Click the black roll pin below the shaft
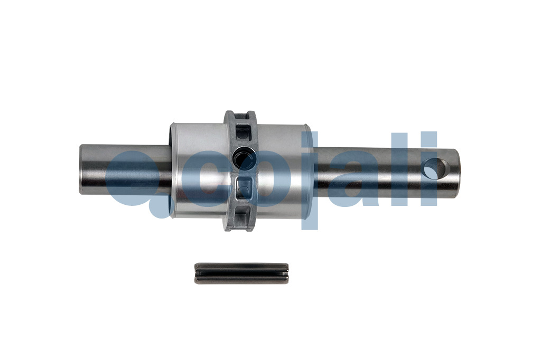tap(241, 273)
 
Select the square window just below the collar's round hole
tap(245, 187)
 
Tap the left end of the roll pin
tap(196, 273)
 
